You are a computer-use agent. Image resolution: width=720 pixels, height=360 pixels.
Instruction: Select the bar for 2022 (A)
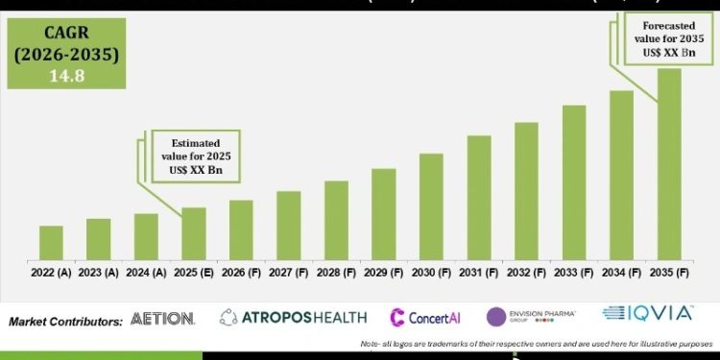pos(51,243)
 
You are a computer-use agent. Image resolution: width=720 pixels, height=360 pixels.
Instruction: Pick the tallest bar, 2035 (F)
pos(669,164)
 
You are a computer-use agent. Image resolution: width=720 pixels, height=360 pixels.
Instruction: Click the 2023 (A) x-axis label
pos(98,273)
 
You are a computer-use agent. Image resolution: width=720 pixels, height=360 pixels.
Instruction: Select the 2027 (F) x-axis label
pos(288,273)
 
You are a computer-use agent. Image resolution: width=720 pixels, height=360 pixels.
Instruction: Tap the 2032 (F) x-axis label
pos(526,273)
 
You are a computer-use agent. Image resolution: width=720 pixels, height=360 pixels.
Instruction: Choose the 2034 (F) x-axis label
pos(621,273)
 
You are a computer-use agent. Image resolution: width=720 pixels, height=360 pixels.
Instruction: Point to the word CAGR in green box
pos(63,32)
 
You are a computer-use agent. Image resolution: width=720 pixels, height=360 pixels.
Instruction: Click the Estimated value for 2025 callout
pos(194,155)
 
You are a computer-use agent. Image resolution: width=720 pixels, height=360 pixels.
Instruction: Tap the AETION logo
pos(163,318)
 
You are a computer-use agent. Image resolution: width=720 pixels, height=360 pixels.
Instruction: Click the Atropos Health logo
pos(292,317)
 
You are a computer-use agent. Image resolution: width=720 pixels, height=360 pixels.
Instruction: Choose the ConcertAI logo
pos(426,317)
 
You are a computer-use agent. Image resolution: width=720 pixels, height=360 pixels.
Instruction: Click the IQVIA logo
pos(647,313)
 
